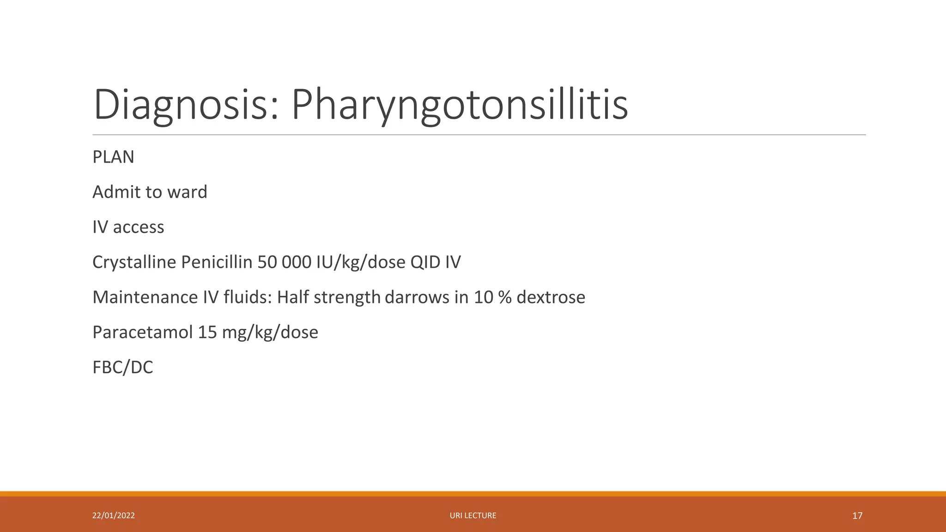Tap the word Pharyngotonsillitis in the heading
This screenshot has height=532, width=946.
coord(459,105)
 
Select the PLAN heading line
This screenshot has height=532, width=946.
coord(113,157)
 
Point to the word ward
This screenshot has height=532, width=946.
coord(187,192)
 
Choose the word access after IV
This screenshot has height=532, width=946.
coord(138,227)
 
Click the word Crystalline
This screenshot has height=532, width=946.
coord(134,262)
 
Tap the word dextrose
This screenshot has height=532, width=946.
coord(551,297)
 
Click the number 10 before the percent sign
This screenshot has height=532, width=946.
coord(483,297)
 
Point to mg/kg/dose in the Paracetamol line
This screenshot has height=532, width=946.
coord(270,332)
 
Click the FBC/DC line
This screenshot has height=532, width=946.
coord(122,368)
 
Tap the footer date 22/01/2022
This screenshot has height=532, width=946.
coord(114,515)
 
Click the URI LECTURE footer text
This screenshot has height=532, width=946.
coord(473,515)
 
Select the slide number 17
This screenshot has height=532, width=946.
coord(857,515)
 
